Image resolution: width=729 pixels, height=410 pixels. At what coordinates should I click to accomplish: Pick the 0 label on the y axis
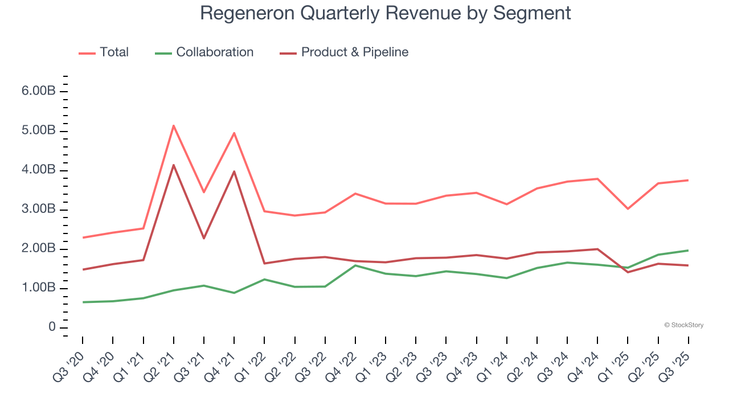click(52, 328)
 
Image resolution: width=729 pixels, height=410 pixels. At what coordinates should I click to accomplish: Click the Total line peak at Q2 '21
click(173, 125)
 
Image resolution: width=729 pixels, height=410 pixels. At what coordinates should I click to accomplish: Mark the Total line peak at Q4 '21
click(234, 133)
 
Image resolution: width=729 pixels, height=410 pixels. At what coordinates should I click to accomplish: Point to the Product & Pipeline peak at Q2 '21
click(173, 165)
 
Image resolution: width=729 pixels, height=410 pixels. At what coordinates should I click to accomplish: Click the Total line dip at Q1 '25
click(628, 209)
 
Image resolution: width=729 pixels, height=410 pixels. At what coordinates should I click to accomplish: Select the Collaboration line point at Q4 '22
click(355, 265)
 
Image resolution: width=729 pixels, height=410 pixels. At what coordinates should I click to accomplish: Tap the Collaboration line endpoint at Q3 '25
click(688, 251)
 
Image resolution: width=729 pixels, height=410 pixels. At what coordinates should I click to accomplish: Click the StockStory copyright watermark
click(683, 325)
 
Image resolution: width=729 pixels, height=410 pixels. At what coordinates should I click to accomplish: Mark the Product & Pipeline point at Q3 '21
click(204, 238)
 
